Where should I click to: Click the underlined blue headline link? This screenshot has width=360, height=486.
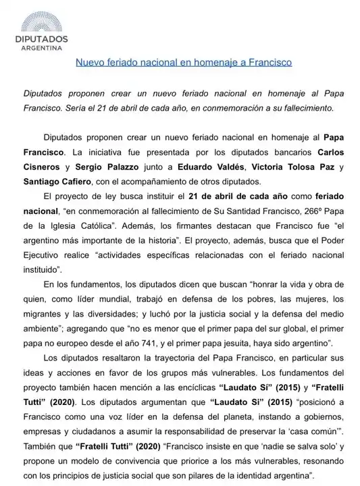point(183,63)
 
